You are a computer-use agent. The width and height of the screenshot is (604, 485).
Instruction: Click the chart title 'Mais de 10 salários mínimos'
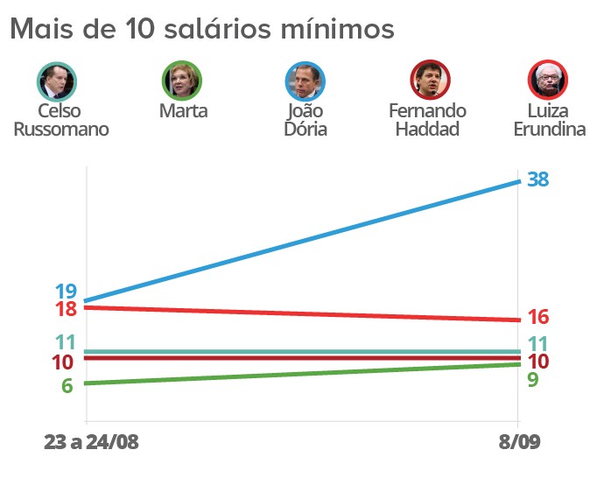pos(201,28)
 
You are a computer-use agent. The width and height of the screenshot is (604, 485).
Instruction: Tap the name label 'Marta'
pos(184,112)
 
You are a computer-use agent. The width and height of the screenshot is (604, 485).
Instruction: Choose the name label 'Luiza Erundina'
pos(550,121)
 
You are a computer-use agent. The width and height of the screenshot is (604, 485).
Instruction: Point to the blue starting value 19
pos(65,292)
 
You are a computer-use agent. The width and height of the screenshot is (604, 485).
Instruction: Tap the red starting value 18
pos(65,309)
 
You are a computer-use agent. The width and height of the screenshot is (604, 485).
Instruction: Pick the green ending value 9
pos(532,380)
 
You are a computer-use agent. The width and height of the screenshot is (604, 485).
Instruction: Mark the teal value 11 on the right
pos(537,344)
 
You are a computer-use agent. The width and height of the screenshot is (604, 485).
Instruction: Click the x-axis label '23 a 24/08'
pos(91,443)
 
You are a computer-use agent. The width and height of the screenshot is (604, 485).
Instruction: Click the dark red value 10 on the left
pos(63,362)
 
